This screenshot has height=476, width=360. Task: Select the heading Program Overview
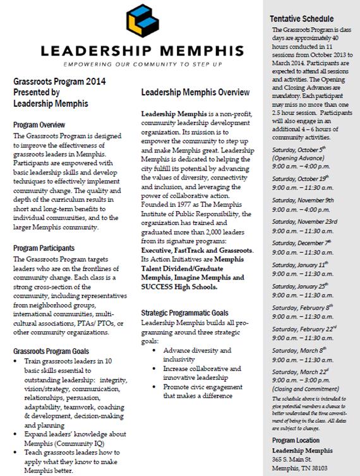point(40,125)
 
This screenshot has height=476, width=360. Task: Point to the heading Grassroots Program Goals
point(52,351)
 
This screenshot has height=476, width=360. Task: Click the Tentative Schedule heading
point(302,18)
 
